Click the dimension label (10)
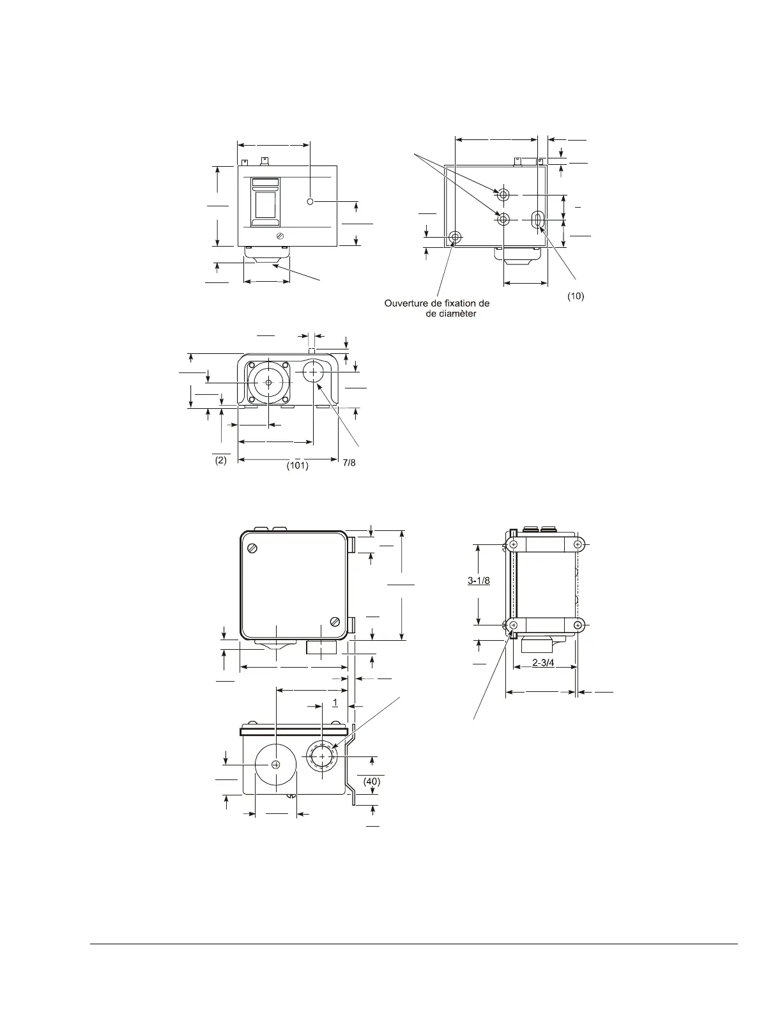(575, 296)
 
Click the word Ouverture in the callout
(404, 303)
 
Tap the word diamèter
(457, 314)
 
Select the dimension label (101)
(297, 465)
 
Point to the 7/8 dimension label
(349, 463)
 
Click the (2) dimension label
(220, 460)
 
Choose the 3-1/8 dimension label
(479, 580)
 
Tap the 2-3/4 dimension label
(543, 663)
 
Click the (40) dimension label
(371, 781)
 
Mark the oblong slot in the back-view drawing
(537, 220)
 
